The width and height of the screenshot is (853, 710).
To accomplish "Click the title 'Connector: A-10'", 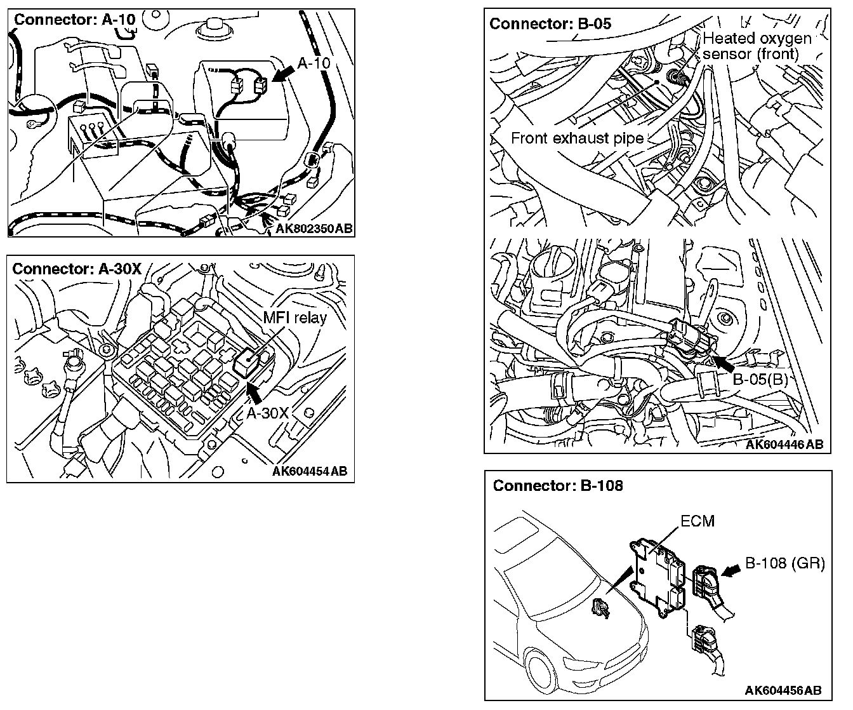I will click(x=75, y=19).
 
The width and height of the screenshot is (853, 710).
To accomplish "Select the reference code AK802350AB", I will click(x=314, y=229).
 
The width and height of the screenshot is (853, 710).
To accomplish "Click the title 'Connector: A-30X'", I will click(x=77, y=268).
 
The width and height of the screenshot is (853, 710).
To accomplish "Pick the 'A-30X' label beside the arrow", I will click(x=268, y=413).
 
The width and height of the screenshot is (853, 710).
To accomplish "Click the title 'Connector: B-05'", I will click(x=550, y=23).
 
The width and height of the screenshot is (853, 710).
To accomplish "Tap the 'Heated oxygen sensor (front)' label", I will click(x=757, y=46).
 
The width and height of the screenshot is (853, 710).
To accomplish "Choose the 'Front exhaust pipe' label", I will click(x=577, y=138).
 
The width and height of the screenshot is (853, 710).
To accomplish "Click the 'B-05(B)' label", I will click(x=760, y=380).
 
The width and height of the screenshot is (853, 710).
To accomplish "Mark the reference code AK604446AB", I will click(x=784, y=445).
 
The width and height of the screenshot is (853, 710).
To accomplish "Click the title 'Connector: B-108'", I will click(x=558, y=486).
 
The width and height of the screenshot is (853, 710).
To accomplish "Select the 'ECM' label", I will click(x=697, y=521).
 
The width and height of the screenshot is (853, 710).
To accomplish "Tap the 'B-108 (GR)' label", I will click(x=784, y=563).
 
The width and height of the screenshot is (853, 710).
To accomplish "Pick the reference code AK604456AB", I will click(x=783, y=690).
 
